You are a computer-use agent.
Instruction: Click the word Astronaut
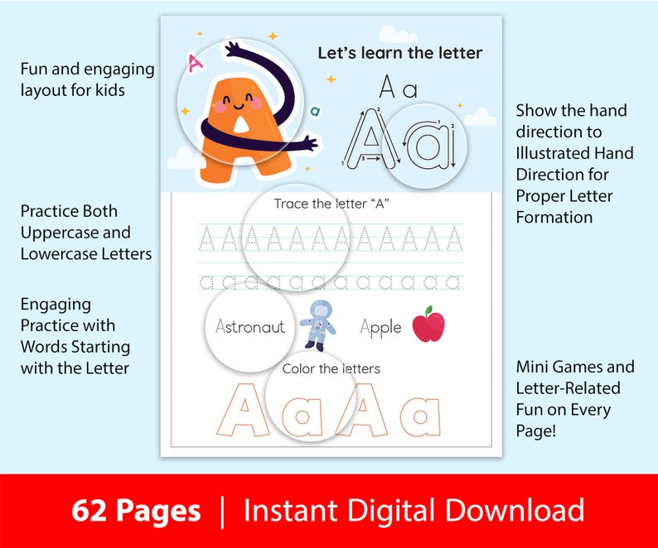(x=249, y=327)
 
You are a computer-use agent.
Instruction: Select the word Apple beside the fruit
(x=380, y=328)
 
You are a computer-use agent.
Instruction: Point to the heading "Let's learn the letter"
(x=400, y=53)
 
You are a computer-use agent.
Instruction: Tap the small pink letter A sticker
(x=196, y=62)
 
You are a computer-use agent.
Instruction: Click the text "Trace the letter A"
(x=331, y=204)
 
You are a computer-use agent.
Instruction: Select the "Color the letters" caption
(x=331, y=368)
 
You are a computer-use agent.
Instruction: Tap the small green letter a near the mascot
(x=315, y=110)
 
